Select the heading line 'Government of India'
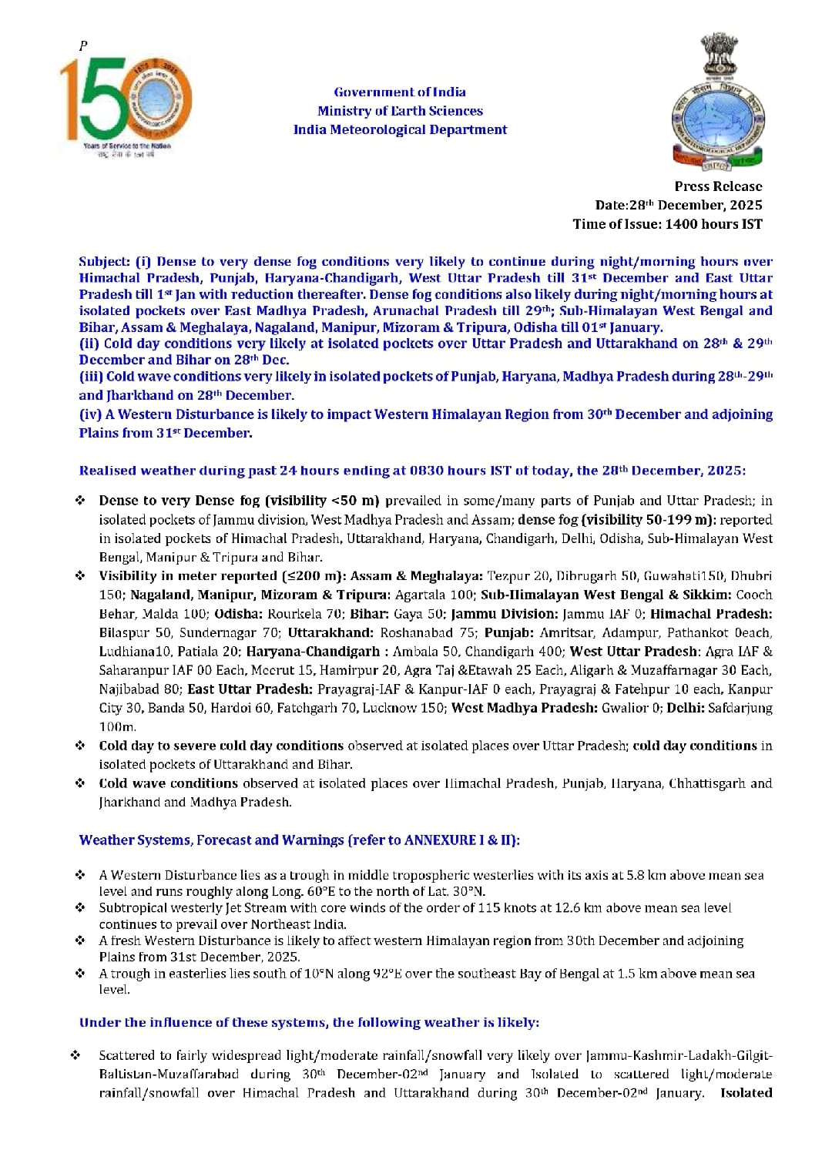(400, 92)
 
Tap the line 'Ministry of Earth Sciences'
(400, 111)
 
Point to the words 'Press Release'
(718, 186)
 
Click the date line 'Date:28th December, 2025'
(679, 205)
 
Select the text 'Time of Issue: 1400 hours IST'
(667, 224)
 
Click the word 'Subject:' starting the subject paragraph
(105, 262)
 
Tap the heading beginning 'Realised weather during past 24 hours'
(412, 471)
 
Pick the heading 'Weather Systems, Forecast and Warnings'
(299, 840)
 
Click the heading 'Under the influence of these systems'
(309, 1023)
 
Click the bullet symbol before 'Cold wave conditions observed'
(80, 783)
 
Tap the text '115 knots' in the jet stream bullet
(506, 908)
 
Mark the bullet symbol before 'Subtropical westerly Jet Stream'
(80, 908)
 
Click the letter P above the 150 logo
(83, 46)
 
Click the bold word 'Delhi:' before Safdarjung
(685, 708)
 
